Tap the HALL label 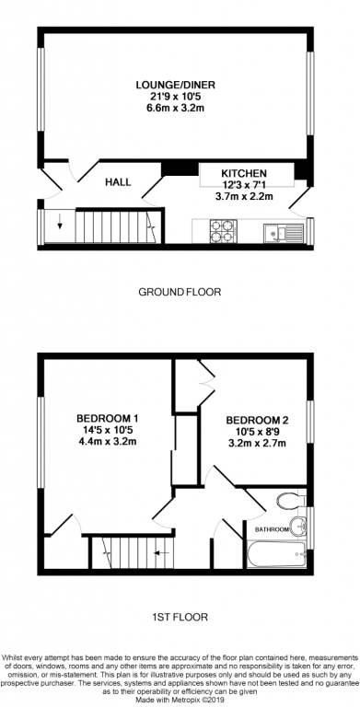(x=117, y=182)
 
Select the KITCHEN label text (x=244, y=173)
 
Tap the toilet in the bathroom (x=289, y=501)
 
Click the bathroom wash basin (x=297, y=527)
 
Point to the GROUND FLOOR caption (x=180, y=292)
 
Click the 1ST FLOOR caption (x=180, y=617)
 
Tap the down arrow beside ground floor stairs (x=61, y=220)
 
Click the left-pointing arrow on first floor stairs (x=160, y=552)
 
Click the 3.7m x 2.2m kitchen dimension (x=244, y=195)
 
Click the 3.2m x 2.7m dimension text (x=256, y=442)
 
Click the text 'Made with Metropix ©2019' (x=180, y=700)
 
